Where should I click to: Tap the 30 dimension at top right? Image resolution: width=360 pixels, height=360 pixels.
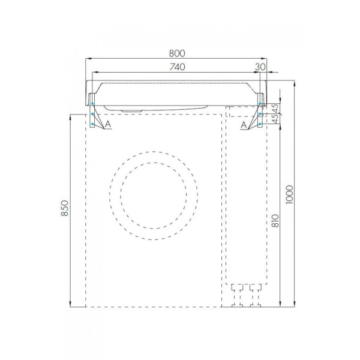tap(260, 67)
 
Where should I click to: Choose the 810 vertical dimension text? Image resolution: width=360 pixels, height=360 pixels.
tap(274, 223)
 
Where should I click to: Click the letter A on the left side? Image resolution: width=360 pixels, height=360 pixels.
tap(107, 124)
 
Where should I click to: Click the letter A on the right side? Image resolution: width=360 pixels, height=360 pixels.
tap(243, 124)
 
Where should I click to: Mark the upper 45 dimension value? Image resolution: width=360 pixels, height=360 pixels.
tap(275, 109)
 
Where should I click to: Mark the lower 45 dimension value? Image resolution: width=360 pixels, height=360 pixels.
tap(275, 120)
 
